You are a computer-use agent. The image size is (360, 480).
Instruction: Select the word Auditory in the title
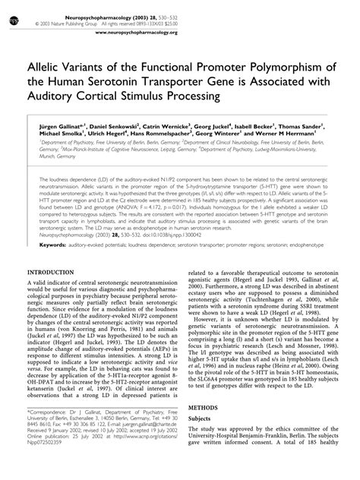coord(55,97)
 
